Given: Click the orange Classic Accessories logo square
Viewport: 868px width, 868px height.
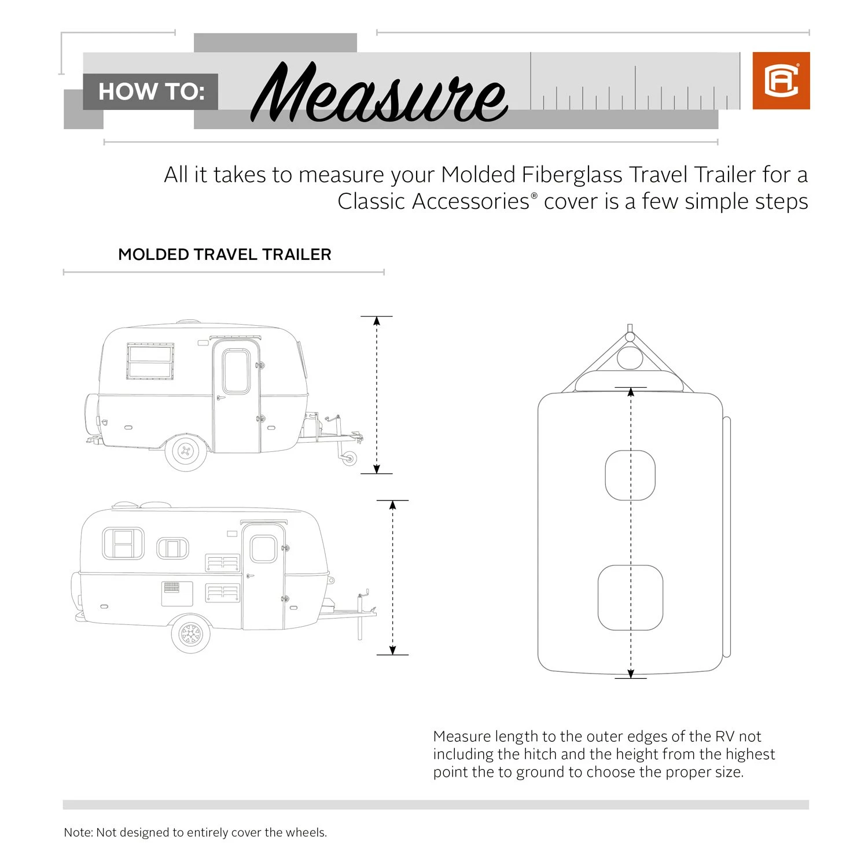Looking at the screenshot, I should pos(781,80).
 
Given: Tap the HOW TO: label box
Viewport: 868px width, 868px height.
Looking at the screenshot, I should pos(150,91).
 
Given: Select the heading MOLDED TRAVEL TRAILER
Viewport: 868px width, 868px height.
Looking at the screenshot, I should pos(225,255).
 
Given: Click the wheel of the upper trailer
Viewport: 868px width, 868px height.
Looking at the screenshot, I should pos(186,451).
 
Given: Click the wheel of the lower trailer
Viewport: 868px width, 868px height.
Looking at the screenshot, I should pos(190,635).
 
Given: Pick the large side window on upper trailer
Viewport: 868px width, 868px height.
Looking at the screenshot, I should pos(150,362).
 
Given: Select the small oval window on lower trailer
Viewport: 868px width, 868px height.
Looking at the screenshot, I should pos(172,547).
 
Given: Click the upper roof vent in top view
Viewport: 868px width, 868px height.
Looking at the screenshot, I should pos(630,475).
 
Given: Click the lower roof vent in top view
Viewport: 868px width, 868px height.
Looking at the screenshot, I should pos(630,598).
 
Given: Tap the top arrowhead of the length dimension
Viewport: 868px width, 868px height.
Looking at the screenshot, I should pos(631,392).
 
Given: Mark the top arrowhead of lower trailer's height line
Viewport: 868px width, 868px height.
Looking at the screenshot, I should pos(392,505).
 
